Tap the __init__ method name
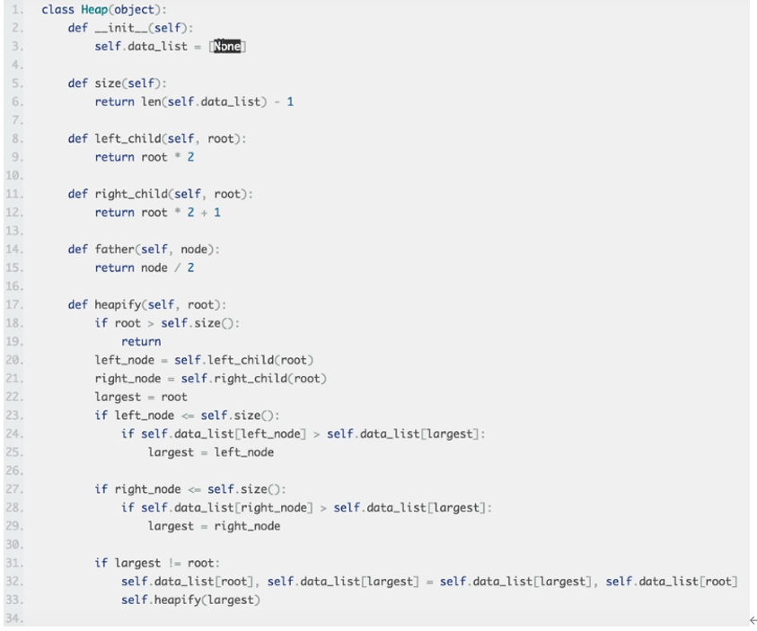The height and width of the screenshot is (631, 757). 122,28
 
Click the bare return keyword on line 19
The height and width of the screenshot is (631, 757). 141,341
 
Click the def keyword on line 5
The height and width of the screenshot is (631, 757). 78,83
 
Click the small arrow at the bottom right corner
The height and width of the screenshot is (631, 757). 752,620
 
